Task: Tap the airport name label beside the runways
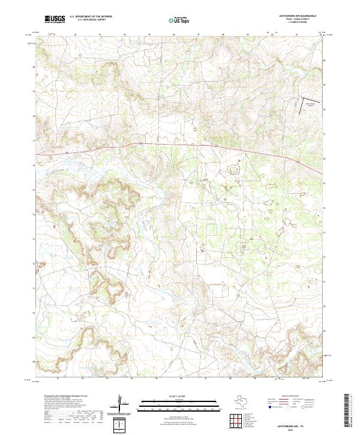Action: click(x=310, y=106)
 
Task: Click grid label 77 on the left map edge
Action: click(x=33, y=141)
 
